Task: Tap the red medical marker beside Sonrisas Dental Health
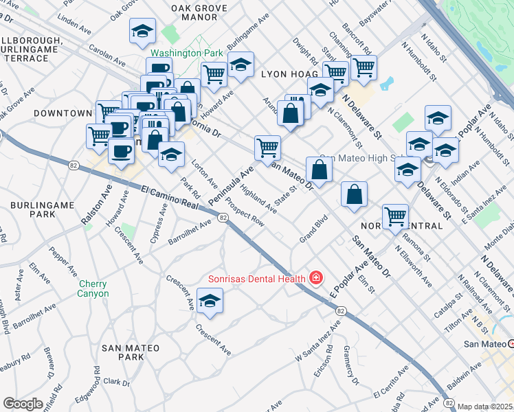315,278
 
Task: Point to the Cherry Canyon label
93,288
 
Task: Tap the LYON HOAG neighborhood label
288,73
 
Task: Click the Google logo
23,404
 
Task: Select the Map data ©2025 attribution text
485,407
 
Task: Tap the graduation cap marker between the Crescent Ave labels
210,301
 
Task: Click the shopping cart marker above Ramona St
396,216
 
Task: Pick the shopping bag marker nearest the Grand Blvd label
354,194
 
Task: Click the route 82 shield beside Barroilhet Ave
223,218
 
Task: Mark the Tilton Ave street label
458,322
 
